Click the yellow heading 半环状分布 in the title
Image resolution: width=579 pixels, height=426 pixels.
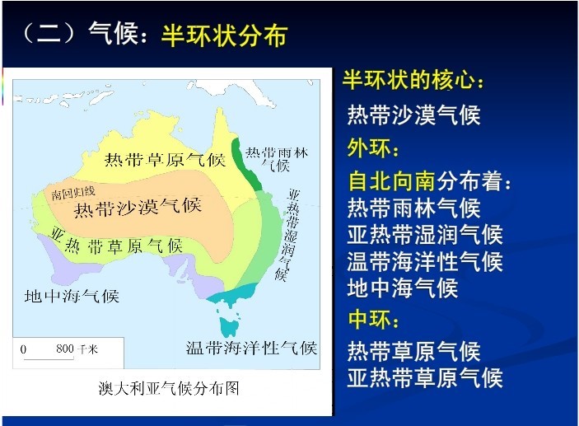(225, 35)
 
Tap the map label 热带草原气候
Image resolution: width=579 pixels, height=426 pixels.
(165, 160)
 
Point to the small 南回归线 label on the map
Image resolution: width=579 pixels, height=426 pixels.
(73, 192)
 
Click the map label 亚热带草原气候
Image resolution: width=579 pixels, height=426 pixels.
(116, 241)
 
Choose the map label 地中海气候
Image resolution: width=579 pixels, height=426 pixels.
(72, 296)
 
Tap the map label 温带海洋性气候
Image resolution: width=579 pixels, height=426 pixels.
(251, 348)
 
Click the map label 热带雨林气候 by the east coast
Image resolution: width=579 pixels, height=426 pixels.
(277, 159)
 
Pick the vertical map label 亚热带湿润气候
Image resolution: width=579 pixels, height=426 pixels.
(288, 235)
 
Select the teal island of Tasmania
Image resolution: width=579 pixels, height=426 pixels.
(230, 326)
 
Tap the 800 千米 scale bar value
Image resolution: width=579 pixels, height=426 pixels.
(77, 349)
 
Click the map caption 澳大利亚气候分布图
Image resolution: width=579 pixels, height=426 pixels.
(169, 388)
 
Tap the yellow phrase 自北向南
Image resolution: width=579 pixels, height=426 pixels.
(391, 181)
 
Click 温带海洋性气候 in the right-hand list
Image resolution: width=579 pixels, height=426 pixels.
(425, 261)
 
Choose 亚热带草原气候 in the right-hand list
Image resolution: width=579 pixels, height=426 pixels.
(425, 377)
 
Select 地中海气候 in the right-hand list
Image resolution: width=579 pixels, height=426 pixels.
(403, 288)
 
